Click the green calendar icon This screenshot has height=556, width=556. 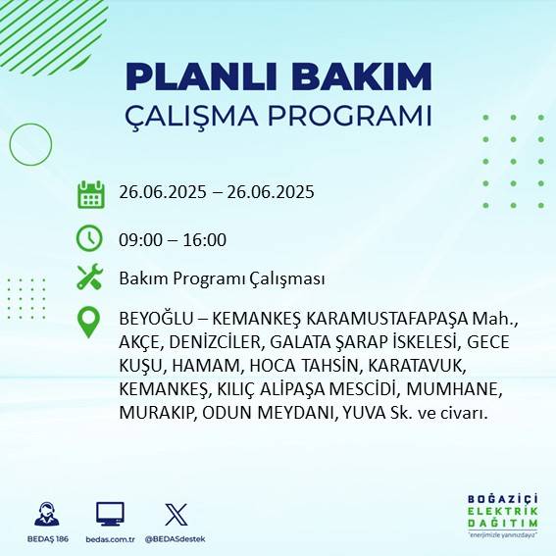click(x=90, y=193)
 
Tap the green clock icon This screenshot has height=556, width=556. click(x=90, y=238)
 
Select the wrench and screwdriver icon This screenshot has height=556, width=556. click(x=90, y=278)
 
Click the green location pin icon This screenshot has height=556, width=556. click(x=89, y=322)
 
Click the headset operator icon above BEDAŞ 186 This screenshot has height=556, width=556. click(x=49, y=514)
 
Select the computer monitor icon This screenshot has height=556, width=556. click(x=110, y=514)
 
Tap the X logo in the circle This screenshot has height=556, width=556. click(x=177, y=513)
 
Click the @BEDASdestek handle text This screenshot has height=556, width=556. click(x=177, y=538)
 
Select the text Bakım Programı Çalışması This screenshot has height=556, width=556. click(x=222, y=278)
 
